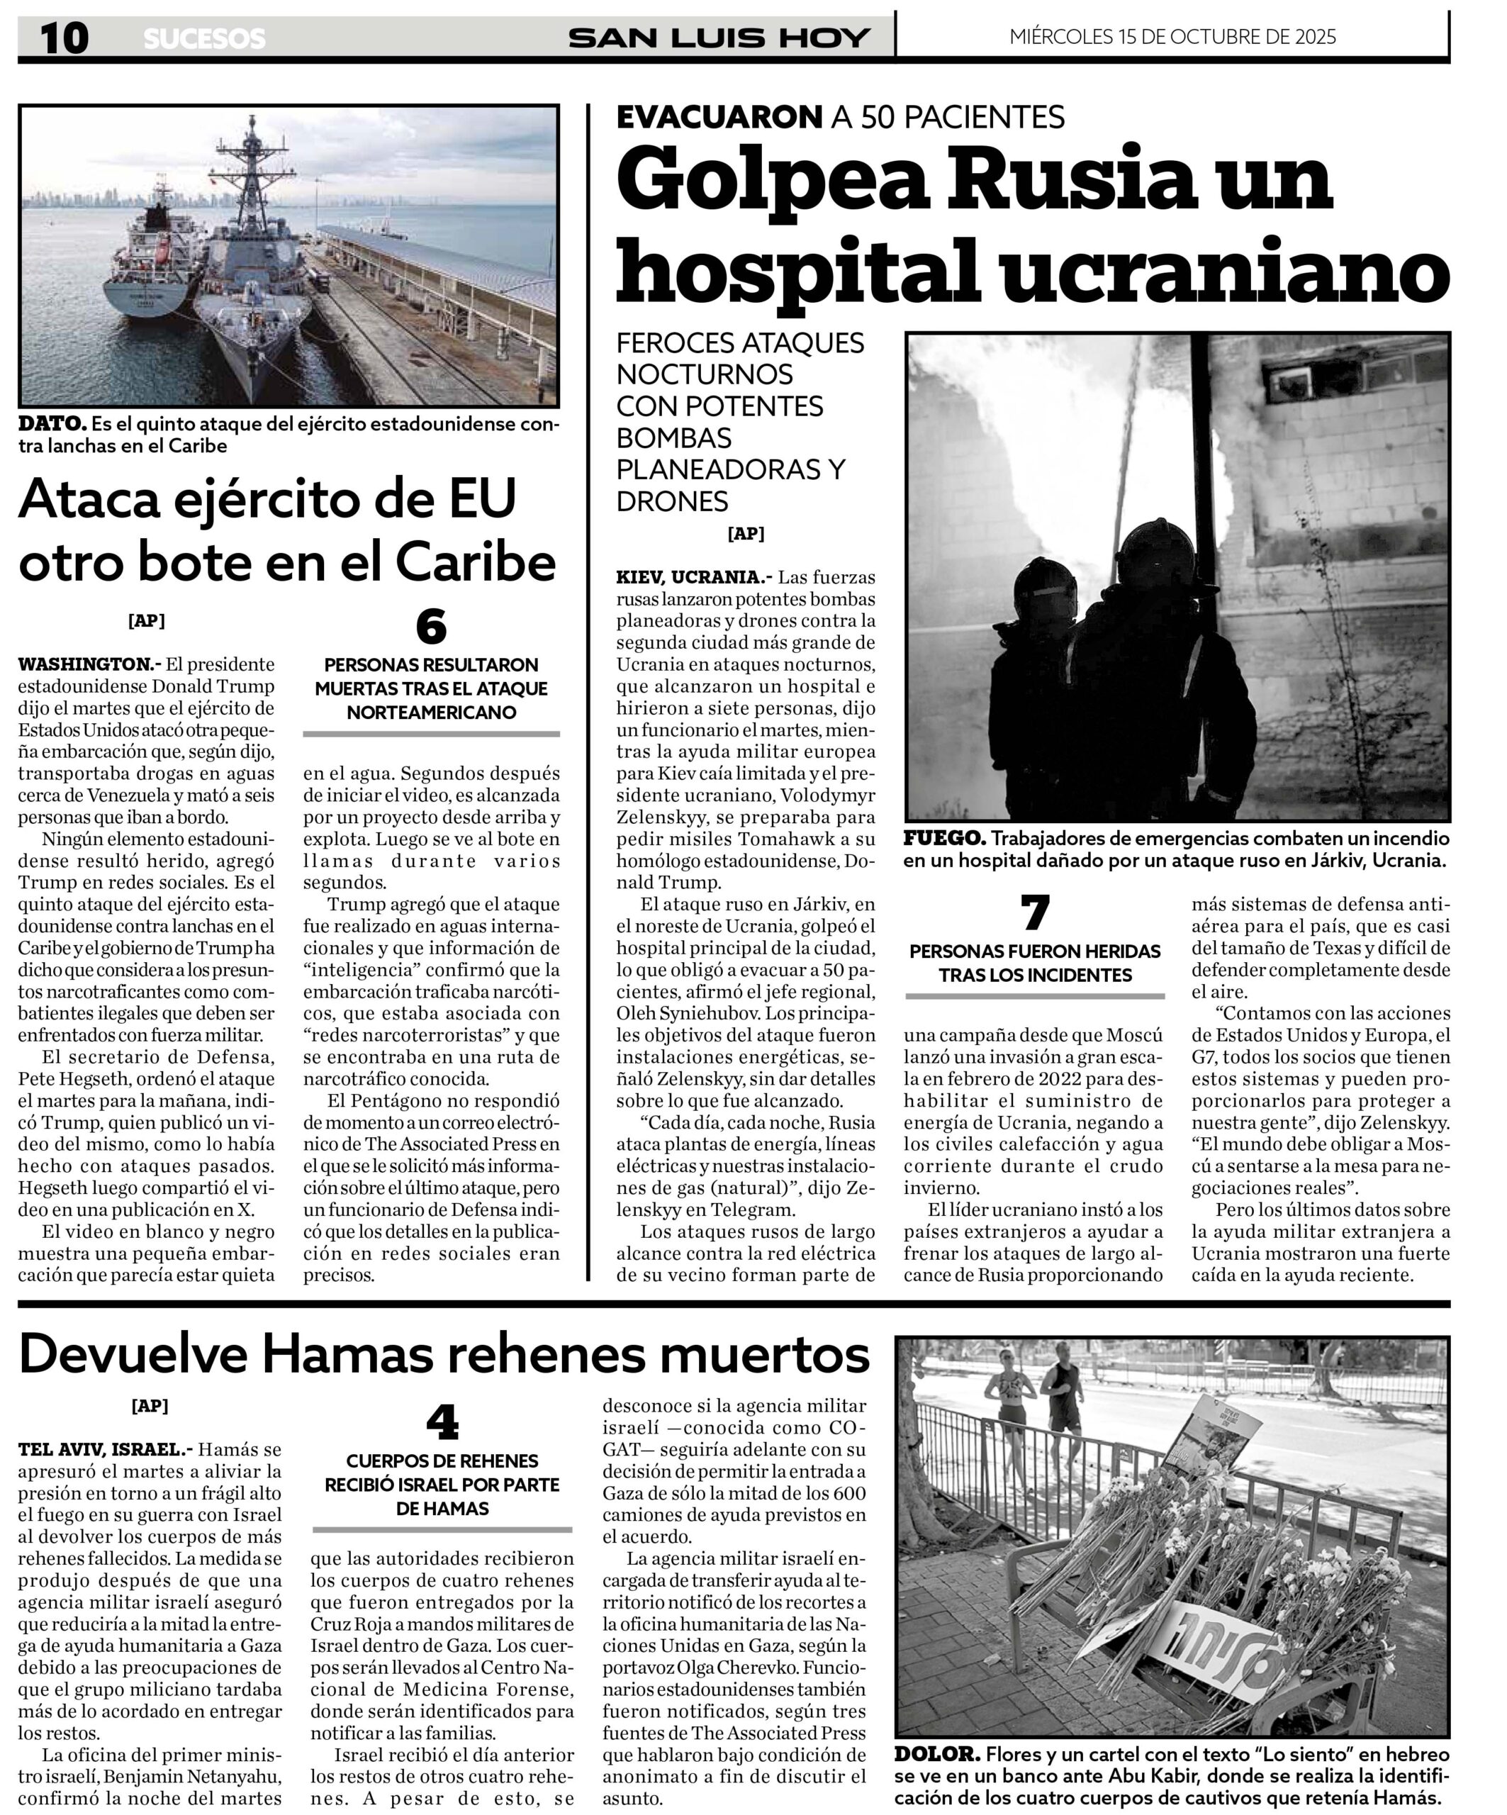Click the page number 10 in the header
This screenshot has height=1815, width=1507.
pyautogui.click(x=64, y=38)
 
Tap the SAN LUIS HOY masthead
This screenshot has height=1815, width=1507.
pyautogui.click(x=719, y=38)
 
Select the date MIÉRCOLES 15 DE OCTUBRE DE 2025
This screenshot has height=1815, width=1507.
pyautogui.click(x=1172, y=36)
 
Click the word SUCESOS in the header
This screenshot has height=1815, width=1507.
pyautogui.click(x=204, y=39)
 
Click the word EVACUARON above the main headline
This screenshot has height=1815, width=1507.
pyautogui.click(x=719, y=117)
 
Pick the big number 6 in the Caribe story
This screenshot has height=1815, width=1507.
pyautogui.click(x=431, y=627)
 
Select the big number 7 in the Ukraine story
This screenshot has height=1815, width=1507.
pyautogui.click(x=1034, y=912)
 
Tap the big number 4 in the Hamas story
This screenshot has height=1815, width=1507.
pyautogui.click(x=442, y=1424)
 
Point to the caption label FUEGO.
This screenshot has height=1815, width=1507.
pyautogui.click(x=943, y=838)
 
